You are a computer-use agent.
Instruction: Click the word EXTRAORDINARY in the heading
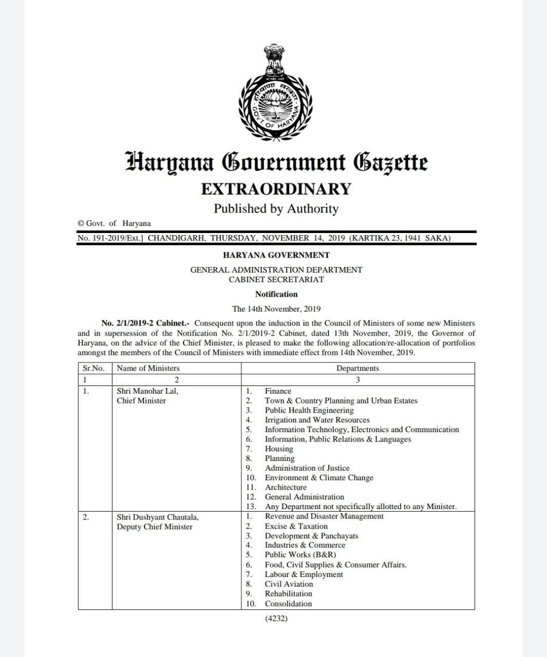[276, 189]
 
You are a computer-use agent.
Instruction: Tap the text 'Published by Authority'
[276, 209]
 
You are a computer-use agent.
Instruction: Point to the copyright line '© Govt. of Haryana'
[114, 223]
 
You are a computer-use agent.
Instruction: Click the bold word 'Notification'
[276, 294]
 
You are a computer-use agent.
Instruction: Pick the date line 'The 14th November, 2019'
[276, 309]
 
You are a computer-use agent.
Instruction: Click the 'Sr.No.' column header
[93, 369]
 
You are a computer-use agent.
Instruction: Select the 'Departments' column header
[357, 369]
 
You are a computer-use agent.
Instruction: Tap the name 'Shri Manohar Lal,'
[147, 391]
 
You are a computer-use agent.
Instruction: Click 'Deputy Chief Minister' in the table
[155, 527]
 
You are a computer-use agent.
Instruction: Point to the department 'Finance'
[278, 391]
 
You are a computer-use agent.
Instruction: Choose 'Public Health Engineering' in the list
[309, 411]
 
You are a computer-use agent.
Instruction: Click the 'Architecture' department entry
[286, 487]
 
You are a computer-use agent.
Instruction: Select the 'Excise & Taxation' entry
[296, 526]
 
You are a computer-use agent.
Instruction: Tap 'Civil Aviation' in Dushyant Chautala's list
[289, 584]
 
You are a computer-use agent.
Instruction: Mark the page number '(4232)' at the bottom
[276, 619]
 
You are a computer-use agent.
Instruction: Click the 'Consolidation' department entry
[288, 604]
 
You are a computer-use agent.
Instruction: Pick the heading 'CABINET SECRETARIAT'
[276, 280]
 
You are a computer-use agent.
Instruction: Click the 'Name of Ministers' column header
[148, 369]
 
